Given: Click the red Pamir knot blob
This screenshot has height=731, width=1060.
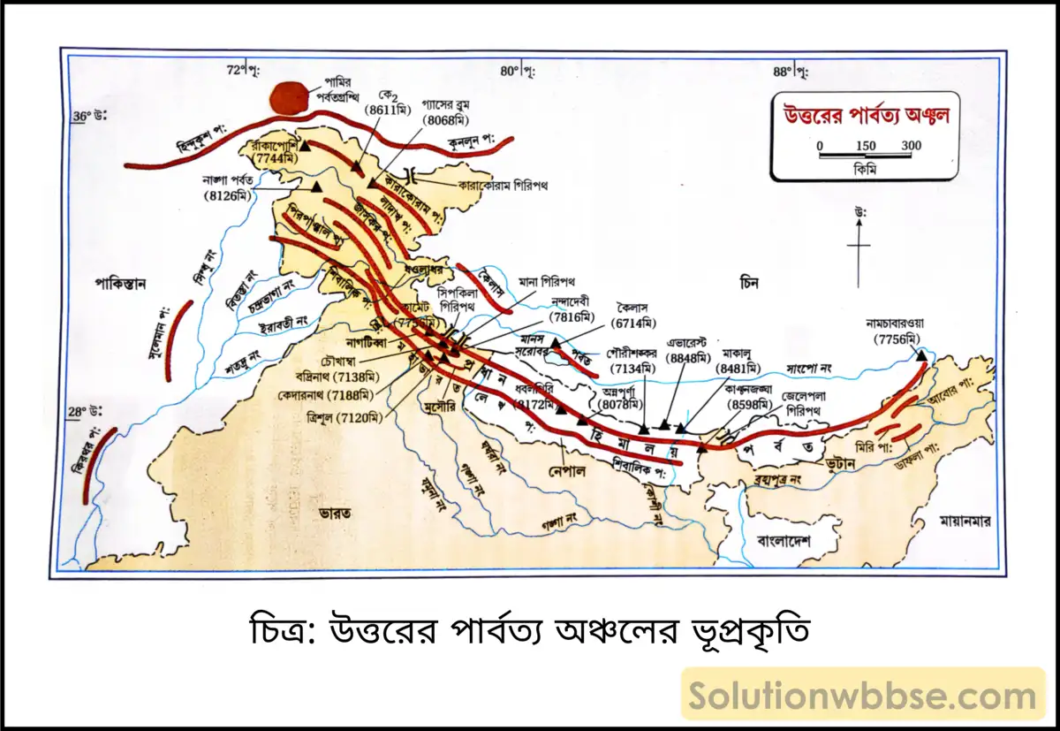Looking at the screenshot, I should (291, 97).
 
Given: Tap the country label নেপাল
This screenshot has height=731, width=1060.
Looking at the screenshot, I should (567, 469).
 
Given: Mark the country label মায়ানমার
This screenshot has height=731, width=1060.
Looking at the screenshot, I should (965, 522).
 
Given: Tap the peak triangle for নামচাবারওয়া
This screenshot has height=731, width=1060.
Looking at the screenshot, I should (921, 355).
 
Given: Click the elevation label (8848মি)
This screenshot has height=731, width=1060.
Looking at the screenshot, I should (687, 357).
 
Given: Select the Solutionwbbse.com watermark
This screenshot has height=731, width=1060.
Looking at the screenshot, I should (863, 694).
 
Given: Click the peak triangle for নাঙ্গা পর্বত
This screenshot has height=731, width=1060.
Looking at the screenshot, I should (315, 187).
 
